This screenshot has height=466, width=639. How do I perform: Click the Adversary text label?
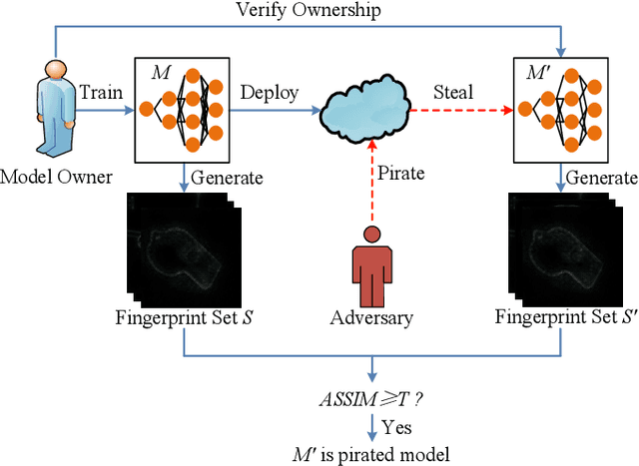(x=371, y=319)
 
